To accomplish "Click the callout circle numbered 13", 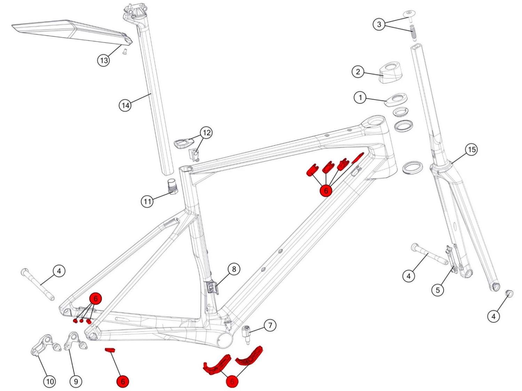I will tap(103, 60).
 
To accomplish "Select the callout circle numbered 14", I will tap(125, 105).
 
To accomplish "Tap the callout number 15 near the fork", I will tap(472, 149).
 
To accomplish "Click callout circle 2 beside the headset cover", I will tap(358, 72).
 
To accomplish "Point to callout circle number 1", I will tap(360, 97).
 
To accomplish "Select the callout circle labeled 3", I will tap(379, 24).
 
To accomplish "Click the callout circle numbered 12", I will tap(207, 132).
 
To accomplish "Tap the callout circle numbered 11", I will tap(147, 201).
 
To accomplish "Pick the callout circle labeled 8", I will tap(234, 269).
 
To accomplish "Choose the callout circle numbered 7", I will tap(270, 325).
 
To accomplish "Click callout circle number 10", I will tap(50, 382).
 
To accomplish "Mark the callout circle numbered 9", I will tap(76, 382).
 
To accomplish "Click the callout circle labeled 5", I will tap(438, 290).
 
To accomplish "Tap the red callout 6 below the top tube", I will tap(326, 190).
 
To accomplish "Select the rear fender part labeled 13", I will tap(70, 30).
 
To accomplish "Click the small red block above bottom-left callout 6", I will tap(110, 350).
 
